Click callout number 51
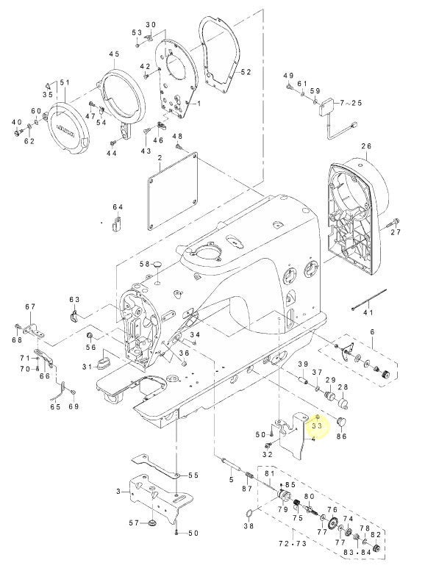[63, 82]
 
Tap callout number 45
[113, 55]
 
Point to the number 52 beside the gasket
[246, 72]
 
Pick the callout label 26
[367, 147]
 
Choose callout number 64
[118, 207]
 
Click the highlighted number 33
[317, 425]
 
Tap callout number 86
[341, 436]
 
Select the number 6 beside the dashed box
[372, 332]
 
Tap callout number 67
[30, 306]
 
